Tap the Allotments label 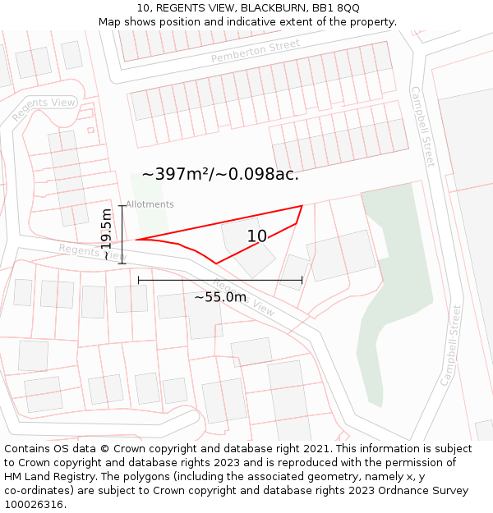point(150,204)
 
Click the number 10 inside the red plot point(257,236)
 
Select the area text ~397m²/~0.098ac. point(220,174)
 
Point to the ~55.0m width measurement point(220,296)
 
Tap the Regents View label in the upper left point(44,108)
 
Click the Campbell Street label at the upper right point(422,126)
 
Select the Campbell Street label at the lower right point(451,346)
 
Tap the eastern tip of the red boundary point(302,206)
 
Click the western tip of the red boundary point(136,240)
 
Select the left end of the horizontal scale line point(139,280)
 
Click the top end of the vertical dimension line point(122,205)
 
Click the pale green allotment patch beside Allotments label point(150,214)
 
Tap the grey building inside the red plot point(246,250)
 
